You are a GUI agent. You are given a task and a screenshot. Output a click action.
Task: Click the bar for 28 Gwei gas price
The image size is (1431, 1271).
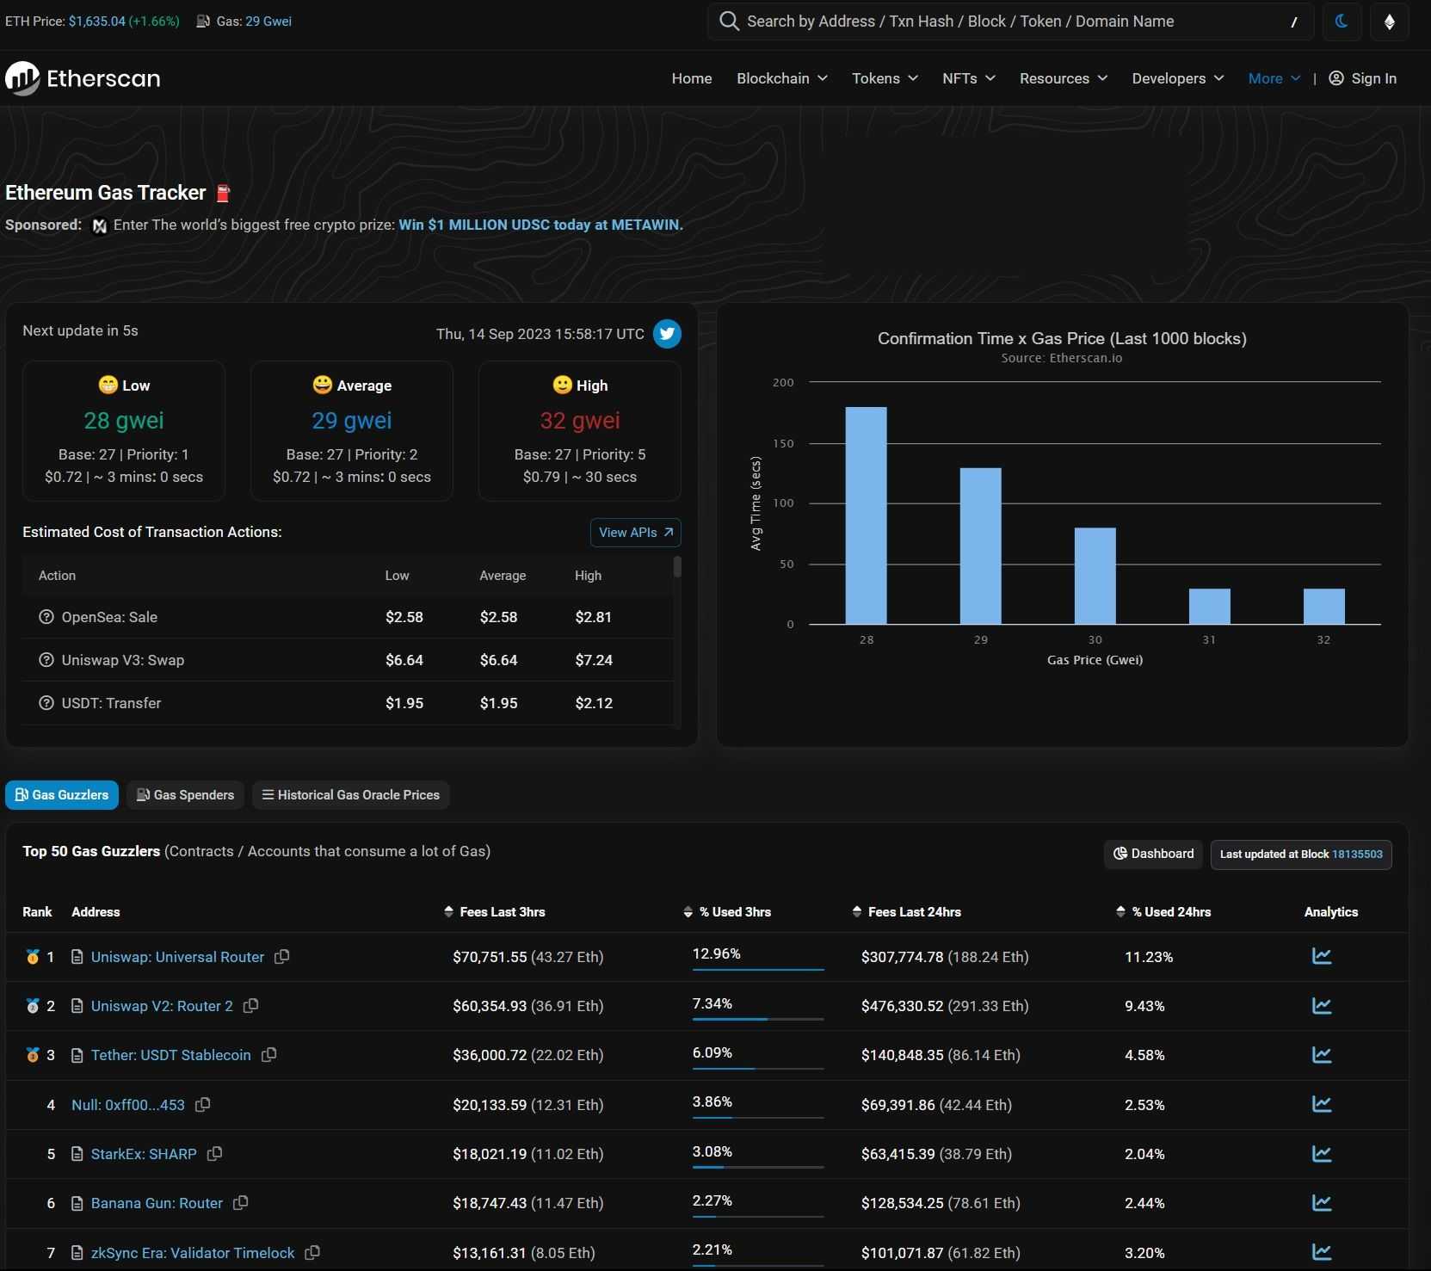(x=866, y=515)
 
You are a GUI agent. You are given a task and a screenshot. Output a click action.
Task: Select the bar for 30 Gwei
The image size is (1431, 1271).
(x=1095, y=576)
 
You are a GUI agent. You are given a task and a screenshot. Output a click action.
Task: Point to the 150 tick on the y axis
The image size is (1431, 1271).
(x=783, y=443)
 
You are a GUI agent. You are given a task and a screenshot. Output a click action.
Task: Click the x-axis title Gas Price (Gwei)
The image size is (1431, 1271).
(x=1095, y=660)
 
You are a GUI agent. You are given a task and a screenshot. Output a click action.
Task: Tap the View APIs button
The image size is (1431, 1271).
(x=635, y=533)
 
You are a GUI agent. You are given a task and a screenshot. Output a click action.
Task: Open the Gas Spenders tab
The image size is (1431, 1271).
(x=186, y=795)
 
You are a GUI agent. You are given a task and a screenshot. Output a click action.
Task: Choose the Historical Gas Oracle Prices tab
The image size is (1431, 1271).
(x=350, y=795)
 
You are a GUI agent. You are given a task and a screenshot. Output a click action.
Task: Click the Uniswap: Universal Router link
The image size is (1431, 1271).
(x=177, y=957)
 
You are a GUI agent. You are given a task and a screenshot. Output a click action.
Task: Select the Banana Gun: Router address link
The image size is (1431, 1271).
(x=157, y=1203)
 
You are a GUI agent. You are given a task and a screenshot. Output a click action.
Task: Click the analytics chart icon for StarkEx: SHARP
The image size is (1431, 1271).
(x=1322, y=1154)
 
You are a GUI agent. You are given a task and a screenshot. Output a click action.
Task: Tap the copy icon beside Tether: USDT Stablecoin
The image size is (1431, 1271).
(x=269, y=1055)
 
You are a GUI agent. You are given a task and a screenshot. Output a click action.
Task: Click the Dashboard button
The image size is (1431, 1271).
(x=1153, y=854)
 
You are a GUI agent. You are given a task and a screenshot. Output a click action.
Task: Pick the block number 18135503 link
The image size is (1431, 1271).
(x=1357, y=855)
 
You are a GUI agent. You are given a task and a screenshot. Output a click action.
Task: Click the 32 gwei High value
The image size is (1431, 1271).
(x=579, y=421)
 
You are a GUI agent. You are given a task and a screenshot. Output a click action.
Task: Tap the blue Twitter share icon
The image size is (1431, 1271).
(x=667, y=334)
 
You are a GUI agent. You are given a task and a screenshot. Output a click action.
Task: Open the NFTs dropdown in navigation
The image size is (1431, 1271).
(x=968, y=78)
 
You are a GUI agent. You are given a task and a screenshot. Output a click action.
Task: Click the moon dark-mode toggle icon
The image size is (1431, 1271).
(x=1341, y=22)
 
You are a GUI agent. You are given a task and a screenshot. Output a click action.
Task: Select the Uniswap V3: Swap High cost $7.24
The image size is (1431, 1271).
(x=594, y=660)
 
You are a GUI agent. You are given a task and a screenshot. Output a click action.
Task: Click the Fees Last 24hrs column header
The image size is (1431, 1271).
(x=914, y=912)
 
